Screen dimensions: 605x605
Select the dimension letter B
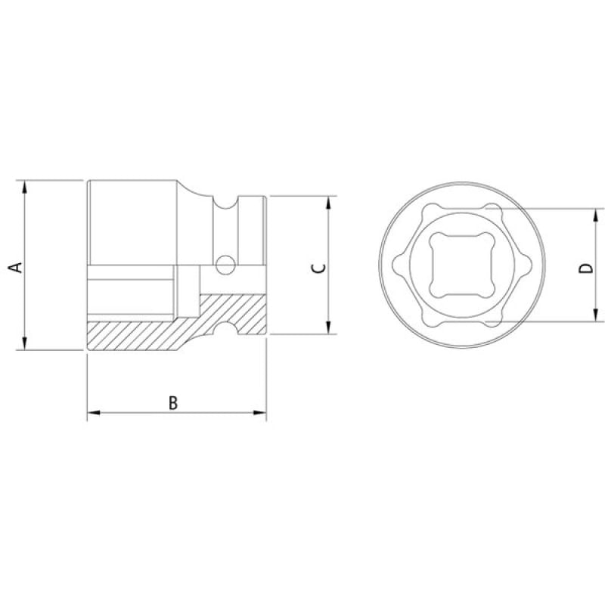pyautogui.click(x=173, y=403)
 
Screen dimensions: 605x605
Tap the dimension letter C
pyautogui.click(x=318, y=268)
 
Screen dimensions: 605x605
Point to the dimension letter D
pyautogui.click(x=585, y=268)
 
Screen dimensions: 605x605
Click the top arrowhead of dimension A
pyautogui.click(x=25, y=187)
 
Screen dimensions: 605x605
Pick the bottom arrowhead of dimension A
pyautogui.click(x=25, y=343)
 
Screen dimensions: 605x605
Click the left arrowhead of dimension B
pyautogui.click(x=94, y=413)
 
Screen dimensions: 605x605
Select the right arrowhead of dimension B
pyautogui.click(x=259, y=413)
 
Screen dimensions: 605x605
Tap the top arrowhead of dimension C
pyautogui.click(x=328, y=203)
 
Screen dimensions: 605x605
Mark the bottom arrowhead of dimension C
pyautogui.click(x=328, y=327)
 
